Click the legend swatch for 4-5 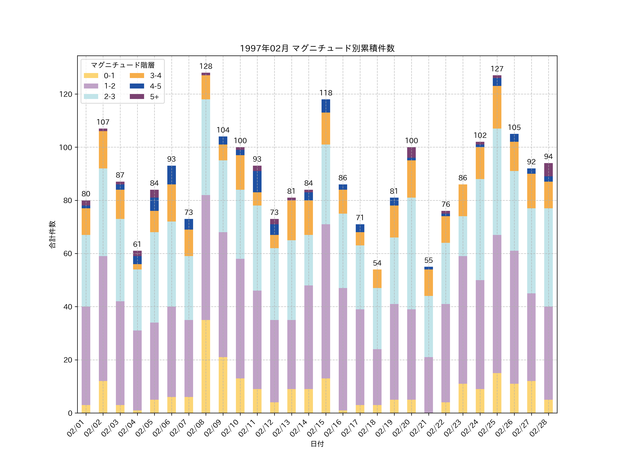(x=137, y=86)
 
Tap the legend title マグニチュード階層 (x=123, y=65)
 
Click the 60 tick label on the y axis (x=67, y=254)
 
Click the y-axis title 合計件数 (x=52, y=234)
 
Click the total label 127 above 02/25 (x=497, y=69)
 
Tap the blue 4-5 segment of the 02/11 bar (x=257, y=182)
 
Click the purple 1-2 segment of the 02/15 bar (x=326, y=301)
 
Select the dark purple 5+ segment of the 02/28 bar (x=549, y=170)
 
